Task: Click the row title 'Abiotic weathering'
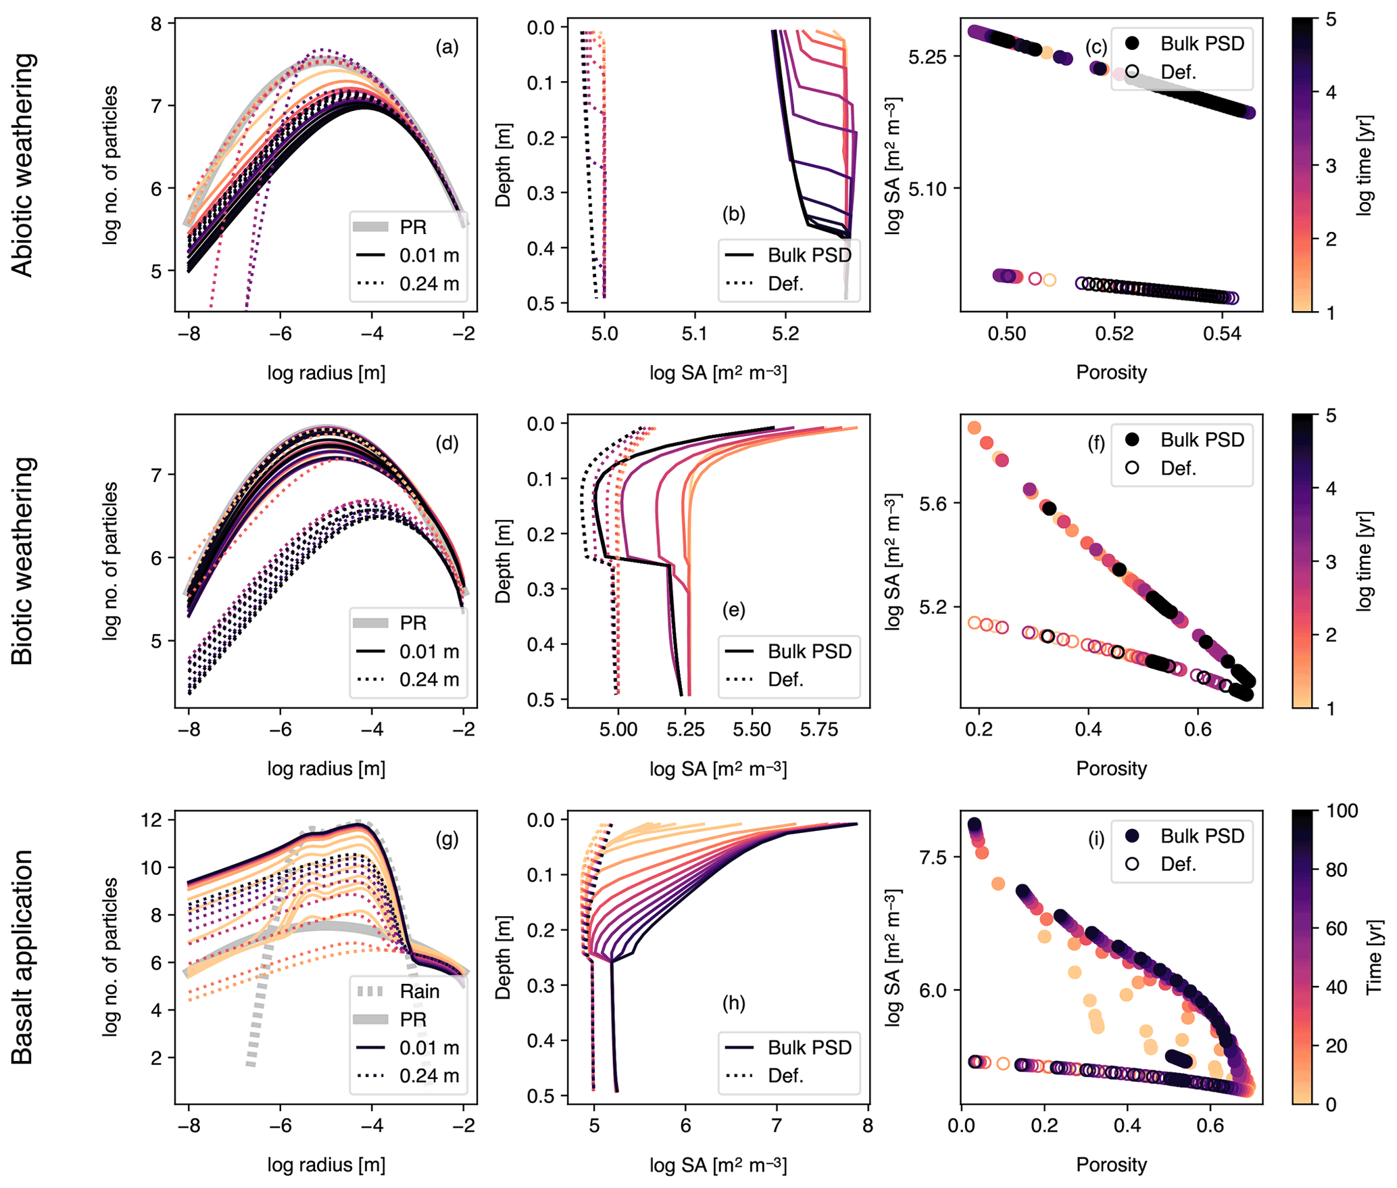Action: [23, 165]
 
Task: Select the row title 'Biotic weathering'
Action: [23, 561]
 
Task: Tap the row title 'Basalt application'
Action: [23, 957]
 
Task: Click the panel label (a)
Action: [447, 47]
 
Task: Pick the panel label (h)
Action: [733, 1003]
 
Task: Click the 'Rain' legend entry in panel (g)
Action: [419, 991]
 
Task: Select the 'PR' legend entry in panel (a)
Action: [413, 227]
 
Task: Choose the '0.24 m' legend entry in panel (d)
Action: [429, 680]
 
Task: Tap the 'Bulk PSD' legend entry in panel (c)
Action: [1202, 44]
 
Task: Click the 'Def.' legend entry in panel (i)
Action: [1178, 864]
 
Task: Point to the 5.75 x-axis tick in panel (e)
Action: [818, 730]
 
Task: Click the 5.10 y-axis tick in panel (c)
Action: [927, 189]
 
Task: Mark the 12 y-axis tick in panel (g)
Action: [153, 820]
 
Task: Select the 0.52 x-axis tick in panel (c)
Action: [1114, 334]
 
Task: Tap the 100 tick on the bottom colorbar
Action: [1342, 811]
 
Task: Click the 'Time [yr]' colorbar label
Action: [1373, 957]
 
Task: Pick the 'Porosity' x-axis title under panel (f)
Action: [1111, 769]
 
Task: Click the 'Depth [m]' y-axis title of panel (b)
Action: [503, 165]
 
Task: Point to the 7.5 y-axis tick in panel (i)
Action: [933, 857]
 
